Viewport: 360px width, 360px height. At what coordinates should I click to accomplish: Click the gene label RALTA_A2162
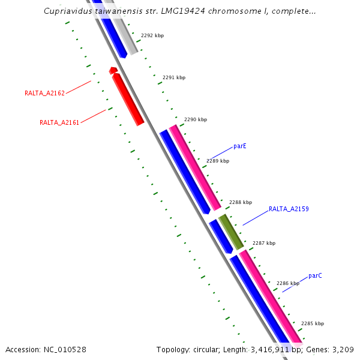tap(44, 93)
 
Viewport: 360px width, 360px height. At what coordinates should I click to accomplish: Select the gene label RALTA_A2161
tap(59, 122)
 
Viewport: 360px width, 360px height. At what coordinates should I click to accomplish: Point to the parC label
tap(315, 276)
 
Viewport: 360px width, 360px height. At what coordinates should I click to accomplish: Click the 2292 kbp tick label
tap(152, 35)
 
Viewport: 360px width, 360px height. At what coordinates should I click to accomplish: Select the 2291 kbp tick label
tap(174, 77)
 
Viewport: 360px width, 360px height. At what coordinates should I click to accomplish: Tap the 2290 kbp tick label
tap(196, 119)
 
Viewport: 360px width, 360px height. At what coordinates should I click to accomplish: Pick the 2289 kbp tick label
tap(218, 161)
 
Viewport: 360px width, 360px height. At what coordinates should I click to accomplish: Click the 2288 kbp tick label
tap(241, 202)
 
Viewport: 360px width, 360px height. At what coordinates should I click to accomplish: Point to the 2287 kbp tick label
tap(264, 243)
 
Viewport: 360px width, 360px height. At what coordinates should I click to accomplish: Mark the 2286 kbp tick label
tap(288, 283)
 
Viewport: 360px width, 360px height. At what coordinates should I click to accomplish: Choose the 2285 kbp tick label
tap(313, 323)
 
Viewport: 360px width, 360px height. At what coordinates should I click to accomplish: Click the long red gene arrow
tap(128, 100)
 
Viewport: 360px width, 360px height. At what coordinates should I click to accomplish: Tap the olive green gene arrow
tap(231, 232)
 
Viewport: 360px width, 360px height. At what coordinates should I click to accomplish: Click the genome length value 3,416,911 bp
tap(256, 349)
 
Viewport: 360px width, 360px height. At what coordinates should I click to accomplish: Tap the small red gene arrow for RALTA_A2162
tap(112, 71)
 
